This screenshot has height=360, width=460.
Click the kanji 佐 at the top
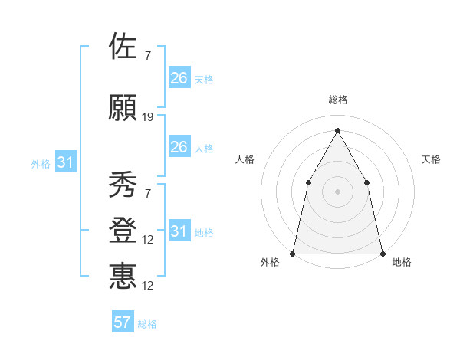(x=123, y=47)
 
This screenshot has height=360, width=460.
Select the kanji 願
(x=123, y=109)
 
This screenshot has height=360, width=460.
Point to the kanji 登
(x=123, y=231)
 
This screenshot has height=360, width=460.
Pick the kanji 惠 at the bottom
(x=123, y=276)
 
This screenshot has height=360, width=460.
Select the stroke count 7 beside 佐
(x=148, y=55)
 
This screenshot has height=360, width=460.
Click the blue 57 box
(x=123, y=322)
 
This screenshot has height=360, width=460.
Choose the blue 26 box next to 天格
(x=179, y=78)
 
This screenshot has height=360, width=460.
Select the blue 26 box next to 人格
(x=179, y=147)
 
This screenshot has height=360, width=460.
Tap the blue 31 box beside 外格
(x=66, y=162)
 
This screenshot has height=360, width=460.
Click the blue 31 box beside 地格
(x=179, y=231)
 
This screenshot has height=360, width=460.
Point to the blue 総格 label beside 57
(x=147, y=323)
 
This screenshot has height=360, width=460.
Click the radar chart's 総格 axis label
(x=337, y=100)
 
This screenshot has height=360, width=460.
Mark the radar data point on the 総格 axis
(x=337, y=130)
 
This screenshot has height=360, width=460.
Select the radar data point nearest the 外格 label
(x=294, y=253)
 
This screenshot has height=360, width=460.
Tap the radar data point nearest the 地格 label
(x=382, y=253)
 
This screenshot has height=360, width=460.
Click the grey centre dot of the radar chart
(x=337, y=191)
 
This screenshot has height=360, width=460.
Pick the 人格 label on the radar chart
(x=245, y=159)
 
